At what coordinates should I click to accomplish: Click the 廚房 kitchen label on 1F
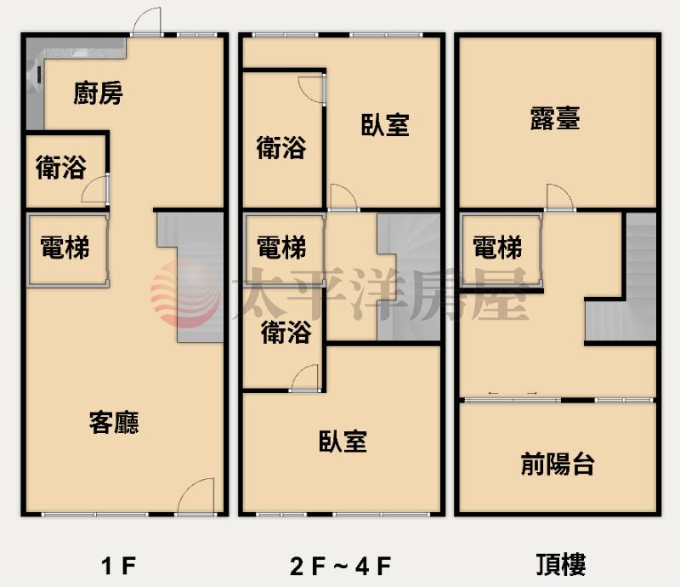click(x=98, y=93)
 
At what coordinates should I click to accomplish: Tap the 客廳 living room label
click(x=114, y=422)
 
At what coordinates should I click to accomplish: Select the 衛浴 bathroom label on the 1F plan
click(x=60, y=167)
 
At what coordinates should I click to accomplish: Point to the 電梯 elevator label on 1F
click(x=65, y=247)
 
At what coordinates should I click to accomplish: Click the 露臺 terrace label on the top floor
click(x=555, y=117)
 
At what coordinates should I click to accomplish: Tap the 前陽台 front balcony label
click(x=558, y=464)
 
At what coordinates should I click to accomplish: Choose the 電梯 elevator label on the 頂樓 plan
click(x=497, y=247)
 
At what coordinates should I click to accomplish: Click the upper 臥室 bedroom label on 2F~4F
click(x=385, y=124)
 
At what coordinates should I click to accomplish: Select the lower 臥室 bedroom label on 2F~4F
click(x=343, y=442)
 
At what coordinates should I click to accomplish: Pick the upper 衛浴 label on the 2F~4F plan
click(x=281, y=147)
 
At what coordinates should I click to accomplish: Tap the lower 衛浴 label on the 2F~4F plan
click(x=286, y=332)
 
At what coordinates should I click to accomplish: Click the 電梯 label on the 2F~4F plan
click(x=281, y=247)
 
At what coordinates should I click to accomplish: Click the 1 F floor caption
click(x=119, y=566)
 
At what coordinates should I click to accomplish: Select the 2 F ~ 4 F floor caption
click(x=341, y=567)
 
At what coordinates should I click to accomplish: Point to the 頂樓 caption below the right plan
click(x=561, y=564)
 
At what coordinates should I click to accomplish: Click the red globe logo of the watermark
click(x=185, y=293)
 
